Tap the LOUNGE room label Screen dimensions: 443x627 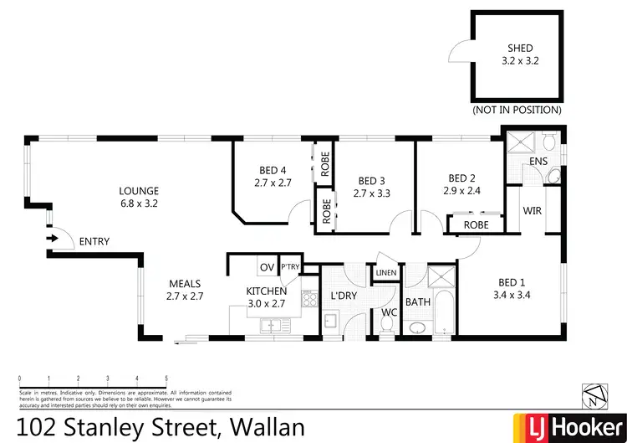point(139,190)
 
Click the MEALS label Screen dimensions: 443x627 point(186,283)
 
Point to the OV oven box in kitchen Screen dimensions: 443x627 point(267,267)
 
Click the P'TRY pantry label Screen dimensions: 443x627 point(289,267)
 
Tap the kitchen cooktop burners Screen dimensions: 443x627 point(308,299)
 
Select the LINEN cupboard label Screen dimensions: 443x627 point(385,273)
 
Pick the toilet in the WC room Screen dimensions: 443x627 point(386,327)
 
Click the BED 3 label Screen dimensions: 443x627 point(372,180)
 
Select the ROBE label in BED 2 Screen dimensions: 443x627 point(476,224)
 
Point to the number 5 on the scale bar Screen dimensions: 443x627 point(166,379)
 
